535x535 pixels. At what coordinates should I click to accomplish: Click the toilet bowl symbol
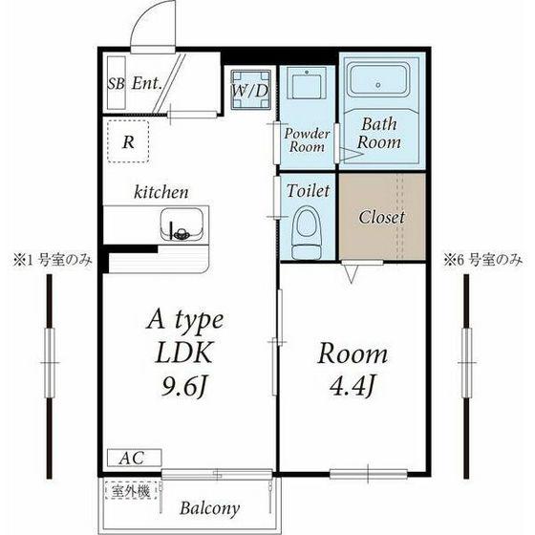[307, 233]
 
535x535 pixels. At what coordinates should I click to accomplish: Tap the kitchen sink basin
[182, 224]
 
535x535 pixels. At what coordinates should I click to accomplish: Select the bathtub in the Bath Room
[378, 78]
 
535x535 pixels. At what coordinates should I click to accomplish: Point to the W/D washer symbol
[250, 90]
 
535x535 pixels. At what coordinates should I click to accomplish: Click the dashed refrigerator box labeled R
[128, 141]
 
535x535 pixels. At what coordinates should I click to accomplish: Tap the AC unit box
[134, 458]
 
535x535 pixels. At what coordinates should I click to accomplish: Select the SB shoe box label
[116, 83]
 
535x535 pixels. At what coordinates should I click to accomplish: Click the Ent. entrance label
[147, 83]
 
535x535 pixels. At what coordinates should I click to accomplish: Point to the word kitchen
[161, 192]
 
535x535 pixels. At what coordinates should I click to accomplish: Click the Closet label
[382, 217]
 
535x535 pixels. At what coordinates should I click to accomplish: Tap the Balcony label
[209, 508]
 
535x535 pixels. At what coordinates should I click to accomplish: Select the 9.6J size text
[184, 387]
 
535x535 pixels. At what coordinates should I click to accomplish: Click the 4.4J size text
[353, 386]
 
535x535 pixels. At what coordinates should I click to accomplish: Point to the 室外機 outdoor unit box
[131, 491]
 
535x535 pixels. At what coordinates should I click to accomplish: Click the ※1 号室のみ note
[53, 261]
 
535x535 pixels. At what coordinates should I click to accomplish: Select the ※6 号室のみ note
[482, 260]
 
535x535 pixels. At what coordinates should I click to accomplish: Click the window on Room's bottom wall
[368, 474]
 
